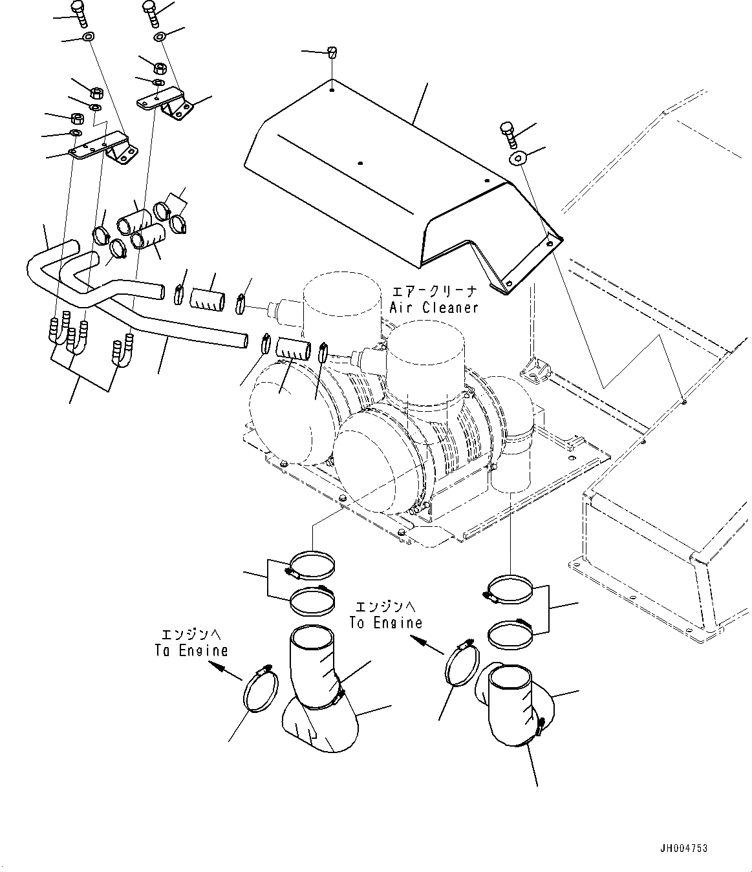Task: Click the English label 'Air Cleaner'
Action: click(434, 308)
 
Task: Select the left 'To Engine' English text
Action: click(191, 650)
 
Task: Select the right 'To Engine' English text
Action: click(385, 622)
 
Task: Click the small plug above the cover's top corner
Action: click(332, 52)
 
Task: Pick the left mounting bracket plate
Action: click(103, 147)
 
